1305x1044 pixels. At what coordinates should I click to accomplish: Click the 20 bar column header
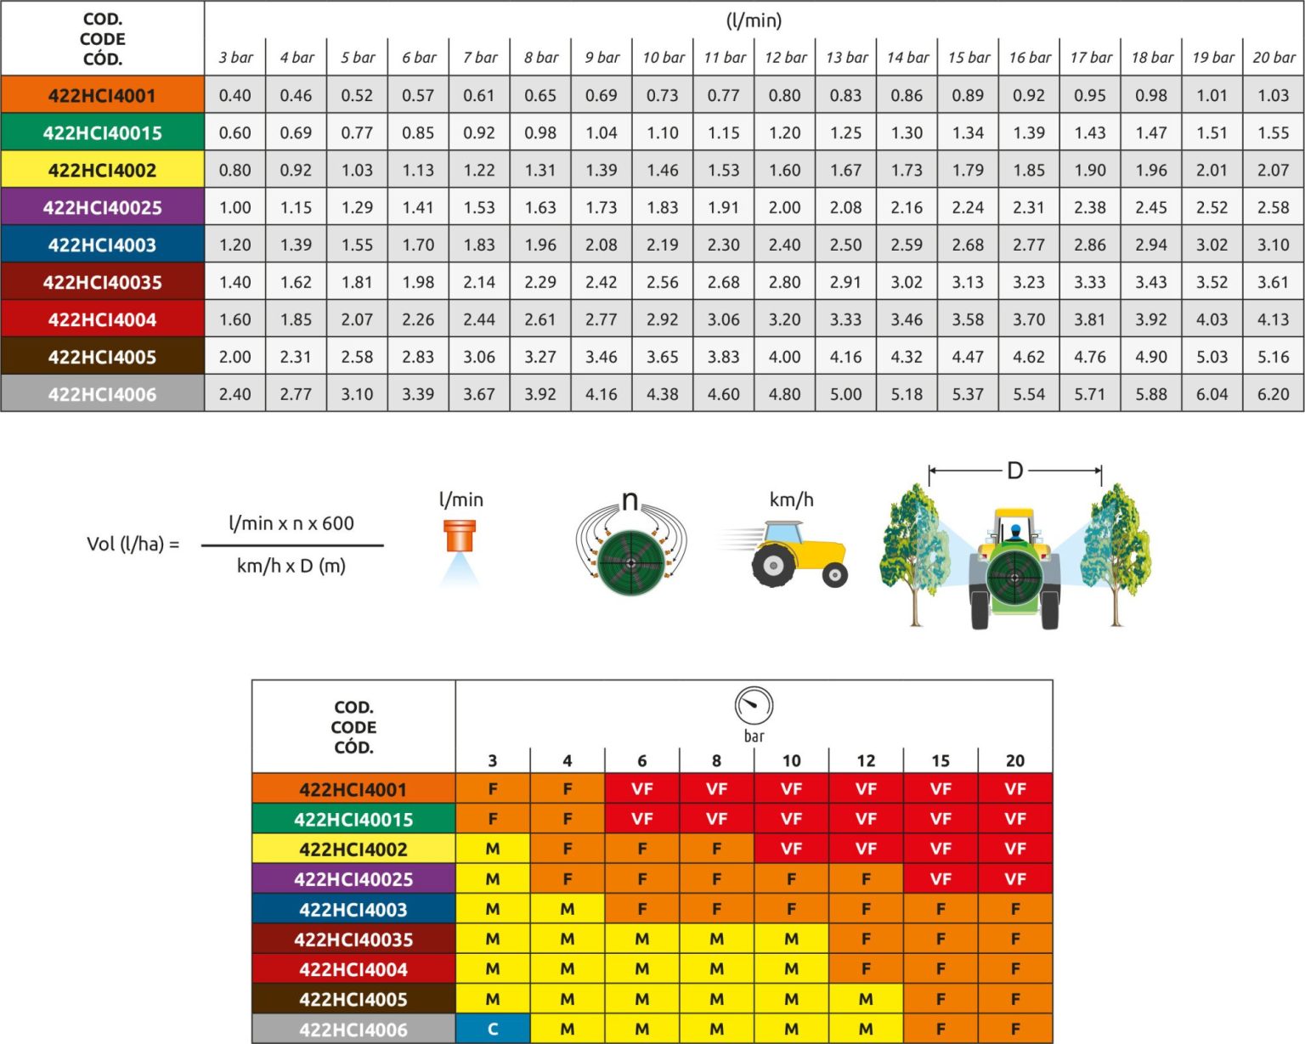pos(1274,58)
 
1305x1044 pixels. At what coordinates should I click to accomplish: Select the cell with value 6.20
pos(1274,394)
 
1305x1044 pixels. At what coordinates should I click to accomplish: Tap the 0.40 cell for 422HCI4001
pos(234,96)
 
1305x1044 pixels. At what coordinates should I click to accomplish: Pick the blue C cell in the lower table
pos(493,1030)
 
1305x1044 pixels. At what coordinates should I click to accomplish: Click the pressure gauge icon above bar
pos(754,705)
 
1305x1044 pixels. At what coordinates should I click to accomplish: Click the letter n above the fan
pos(630,501)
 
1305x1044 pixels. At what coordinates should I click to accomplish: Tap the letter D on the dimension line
pos(1014,471)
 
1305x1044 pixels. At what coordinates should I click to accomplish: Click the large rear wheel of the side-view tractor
pos(773,566)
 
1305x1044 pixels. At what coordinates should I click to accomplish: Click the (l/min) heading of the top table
pos(754,20)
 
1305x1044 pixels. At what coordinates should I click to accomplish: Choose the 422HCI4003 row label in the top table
pos(102,245)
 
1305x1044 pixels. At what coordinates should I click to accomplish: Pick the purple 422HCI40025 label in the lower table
pos(353,879)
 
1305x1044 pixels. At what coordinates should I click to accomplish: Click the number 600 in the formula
pos(338,523)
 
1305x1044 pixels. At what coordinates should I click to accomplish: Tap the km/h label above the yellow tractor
pos(791,499)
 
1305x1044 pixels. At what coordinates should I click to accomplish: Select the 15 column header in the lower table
pos(941,760)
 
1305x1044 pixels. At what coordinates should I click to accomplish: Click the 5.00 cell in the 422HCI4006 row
pos(845,394)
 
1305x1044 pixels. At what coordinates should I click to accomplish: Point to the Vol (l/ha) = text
pos(133,544)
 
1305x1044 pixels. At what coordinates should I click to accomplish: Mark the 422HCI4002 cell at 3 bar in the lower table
pos(493,849)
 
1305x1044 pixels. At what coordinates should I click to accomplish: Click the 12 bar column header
pos(785,58)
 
